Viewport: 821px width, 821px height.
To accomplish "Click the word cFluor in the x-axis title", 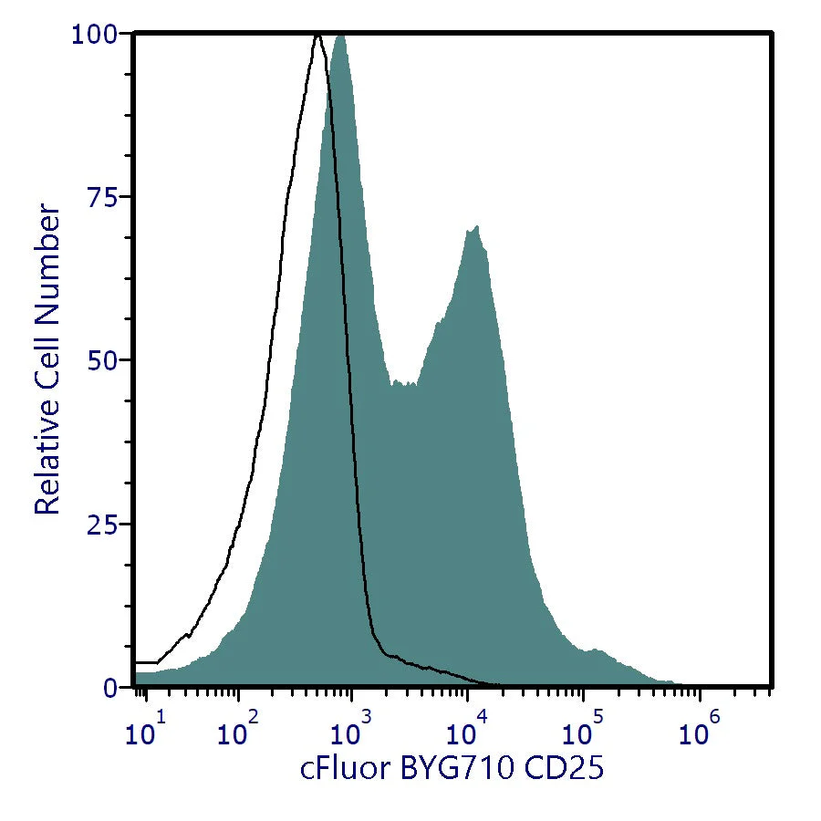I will [347, 769].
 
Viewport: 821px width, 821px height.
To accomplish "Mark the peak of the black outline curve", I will [317, 36].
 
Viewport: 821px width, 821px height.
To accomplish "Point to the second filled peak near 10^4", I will [473, 228].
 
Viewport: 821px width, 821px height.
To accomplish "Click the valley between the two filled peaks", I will [403, 384].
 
